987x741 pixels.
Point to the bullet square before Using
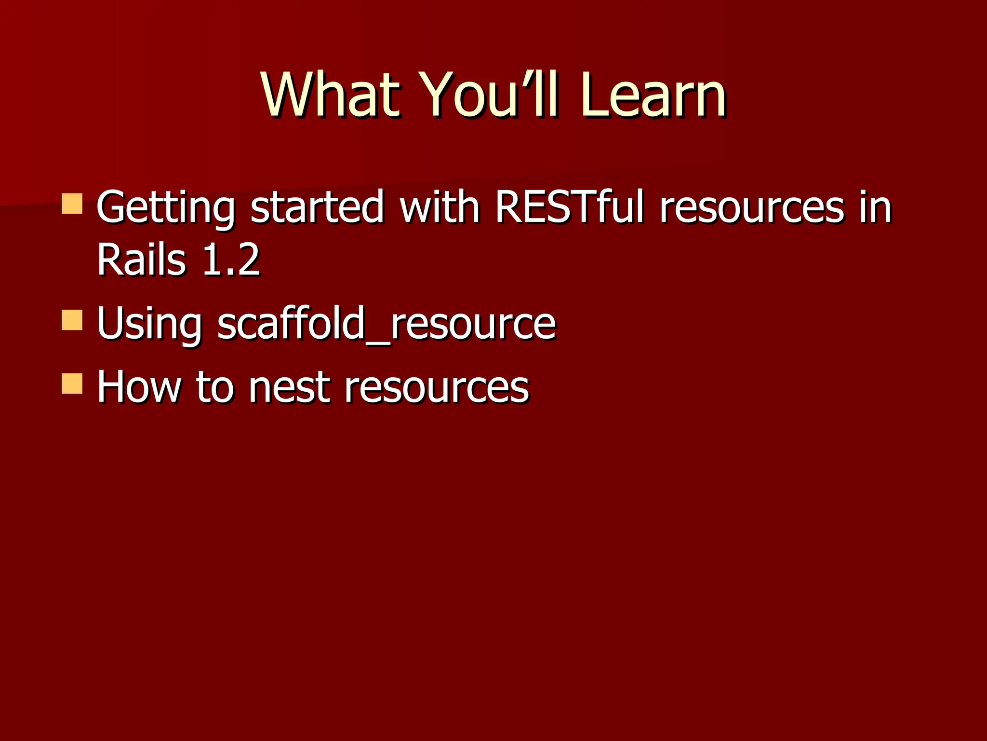click(x=72, y=320)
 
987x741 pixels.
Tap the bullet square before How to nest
click(x=72, y=384)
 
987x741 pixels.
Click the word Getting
click(x=166, y=208)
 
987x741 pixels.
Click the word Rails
click(x=141, y=261)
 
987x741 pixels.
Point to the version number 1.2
click(x=231, y=261)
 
